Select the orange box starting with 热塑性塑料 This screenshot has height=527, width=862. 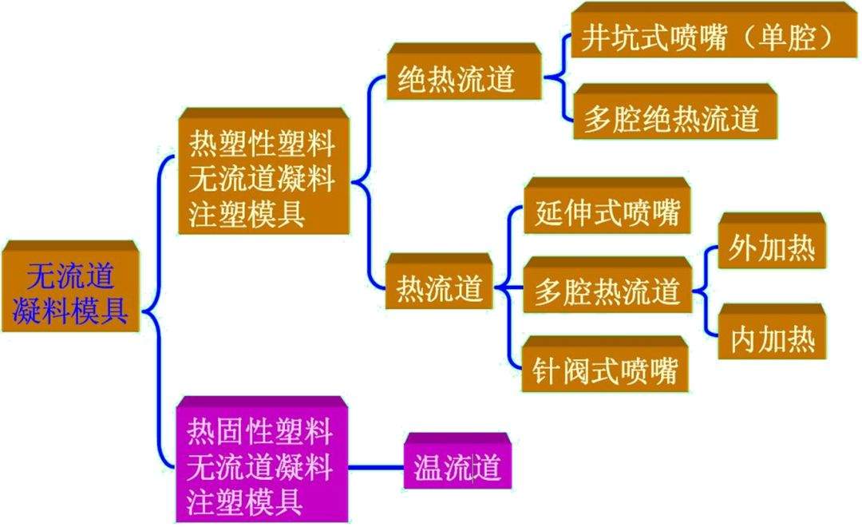click(x=264, y=171)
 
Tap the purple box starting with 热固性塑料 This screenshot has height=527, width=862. click(x=262, y=459)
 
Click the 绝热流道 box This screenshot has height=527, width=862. click(x=464, y=72)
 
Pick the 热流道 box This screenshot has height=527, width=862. click(x=439, y=281)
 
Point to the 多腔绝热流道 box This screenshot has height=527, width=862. click(x=674, y=112)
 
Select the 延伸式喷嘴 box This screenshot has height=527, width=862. click(x=607, y=206)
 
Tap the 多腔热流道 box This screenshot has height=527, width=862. click(x=607, y=285)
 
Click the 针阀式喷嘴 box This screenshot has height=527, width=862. click(x=605, y=364)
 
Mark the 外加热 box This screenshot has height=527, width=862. click(x=772, y=241)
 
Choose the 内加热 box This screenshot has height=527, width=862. click(x=772, y=331)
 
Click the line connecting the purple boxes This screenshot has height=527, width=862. click(x=376, y=468)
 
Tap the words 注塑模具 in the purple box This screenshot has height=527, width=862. click(x=245, y=501)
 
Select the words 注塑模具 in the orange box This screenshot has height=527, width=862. click(x=247, y=213)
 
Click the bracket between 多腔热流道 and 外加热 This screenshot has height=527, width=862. click(x=706, y=291)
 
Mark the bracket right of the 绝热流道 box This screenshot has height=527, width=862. click(x=557, y=77)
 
